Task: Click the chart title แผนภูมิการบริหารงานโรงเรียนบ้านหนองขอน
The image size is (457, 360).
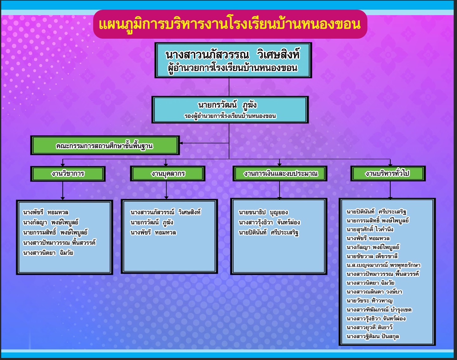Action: [230, 24]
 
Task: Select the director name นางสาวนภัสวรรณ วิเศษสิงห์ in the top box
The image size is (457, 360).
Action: [233, 55]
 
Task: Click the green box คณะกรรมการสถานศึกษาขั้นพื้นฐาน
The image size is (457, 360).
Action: [105, 145]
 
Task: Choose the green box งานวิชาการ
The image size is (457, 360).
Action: [68, 174]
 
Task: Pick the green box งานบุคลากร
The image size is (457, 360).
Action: [167, 174]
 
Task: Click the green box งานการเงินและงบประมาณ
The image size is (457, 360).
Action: [280, 173]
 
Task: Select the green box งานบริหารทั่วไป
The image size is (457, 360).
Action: [388, 173]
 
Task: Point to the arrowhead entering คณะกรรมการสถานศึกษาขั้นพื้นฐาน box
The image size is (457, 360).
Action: [181, 143]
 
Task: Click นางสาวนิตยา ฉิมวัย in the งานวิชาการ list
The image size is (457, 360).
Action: [48, 253]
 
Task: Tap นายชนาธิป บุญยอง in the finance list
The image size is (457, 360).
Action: [263, 212]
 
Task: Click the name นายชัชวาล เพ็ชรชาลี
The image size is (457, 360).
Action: [372, 256]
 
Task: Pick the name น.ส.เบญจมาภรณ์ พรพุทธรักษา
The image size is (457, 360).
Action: [383, 265]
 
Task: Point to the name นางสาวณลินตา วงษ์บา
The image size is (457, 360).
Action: [375, 292]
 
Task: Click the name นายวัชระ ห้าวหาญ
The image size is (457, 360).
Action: [370, 301]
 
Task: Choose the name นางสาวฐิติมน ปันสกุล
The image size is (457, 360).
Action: [373, 337]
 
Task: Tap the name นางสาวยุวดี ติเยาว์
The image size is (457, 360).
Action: [370, 328]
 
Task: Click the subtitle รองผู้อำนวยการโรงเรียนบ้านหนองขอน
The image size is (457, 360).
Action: [230, 116]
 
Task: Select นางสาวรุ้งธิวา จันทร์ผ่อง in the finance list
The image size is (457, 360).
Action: [269, 222]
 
